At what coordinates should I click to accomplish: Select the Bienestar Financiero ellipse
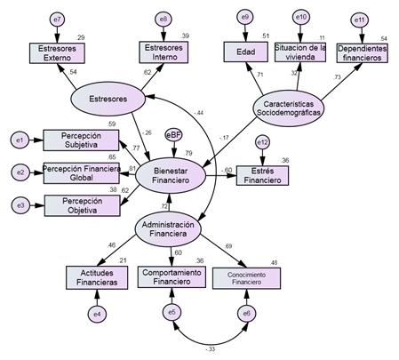pyautogui.click(x=171, y=175)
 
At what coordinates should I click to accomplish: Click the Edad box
pyautogui.click(x=246, y=53)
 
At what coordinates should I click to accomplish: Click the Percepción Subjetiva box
pyautogui.click(x=80, y=140)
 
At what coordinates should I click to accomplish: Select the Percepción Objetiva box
pyautogui.click(x=80, y=205)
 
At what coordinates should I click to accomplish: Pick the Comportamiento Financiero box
pyautogui.click(x=174, y=277)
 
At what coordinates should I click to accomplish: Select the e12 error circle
pyautogui.click(x=261, y=142)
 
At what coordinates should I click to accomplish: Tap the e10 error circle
pyautogui.click(x=301, y=18)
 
